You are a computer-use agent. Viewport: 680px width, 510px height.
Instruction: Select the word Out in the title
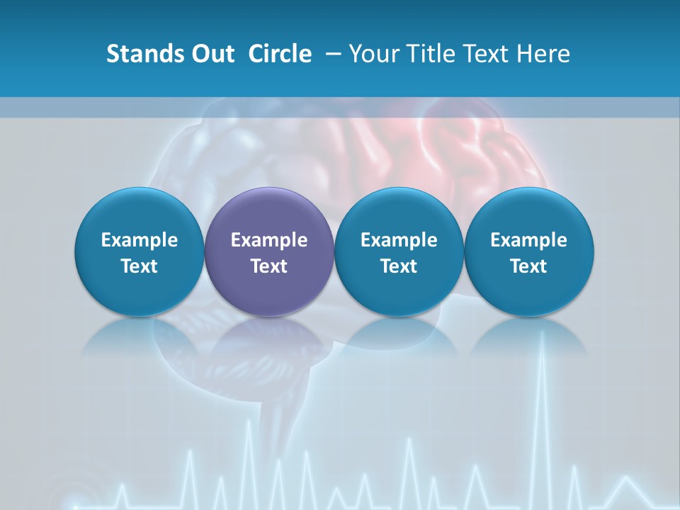point(210,54)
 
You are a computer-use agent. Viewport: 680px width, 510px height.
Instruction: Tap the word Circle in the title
point(280,54)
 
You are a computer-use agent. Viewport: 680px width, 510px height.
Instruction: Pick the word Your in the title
point(373,54)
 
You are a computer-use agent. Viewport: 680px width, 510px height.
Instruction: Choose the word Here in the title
point(545,54)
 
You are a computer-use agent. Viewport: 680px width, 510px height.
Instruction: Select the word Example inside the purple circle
point(268,240)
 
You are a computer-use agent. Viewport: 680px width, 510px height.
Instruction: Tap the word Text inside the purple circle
point(268,266)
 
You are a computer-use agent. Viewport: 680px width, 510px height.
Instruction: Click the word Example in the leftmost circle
point(139,240)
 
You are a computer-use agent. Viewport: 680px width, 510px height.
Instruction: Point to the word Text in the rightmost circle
point(528,266)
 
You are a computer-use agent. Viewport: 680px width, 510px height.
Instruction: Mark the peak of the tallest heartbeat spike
point(543,332)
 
